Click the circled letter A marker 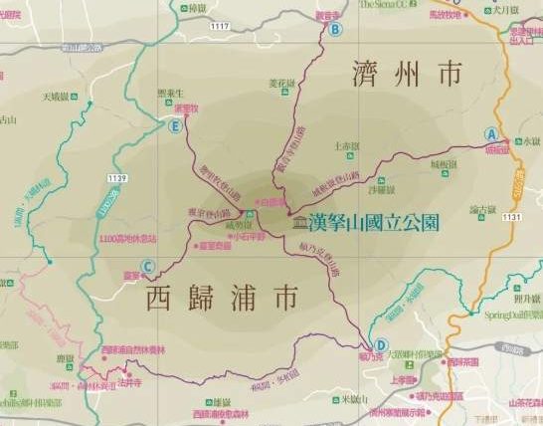pos(491,133)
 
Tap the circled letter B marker pos(335,29)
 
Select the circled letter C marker pos(148,266)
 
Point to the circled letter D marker pos(381,319)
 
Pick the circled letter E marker pos(176,126)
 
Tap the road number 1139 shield pos(117,177)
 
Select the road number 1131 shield pos(511,216)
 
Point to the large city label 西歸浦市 pos(222,296)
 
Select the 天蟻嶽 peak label pos(61,97)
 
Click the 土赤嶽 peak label pos(348,145)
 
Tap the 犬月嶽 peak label pos(507,10)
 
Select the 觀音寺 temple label pos(328,16)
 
